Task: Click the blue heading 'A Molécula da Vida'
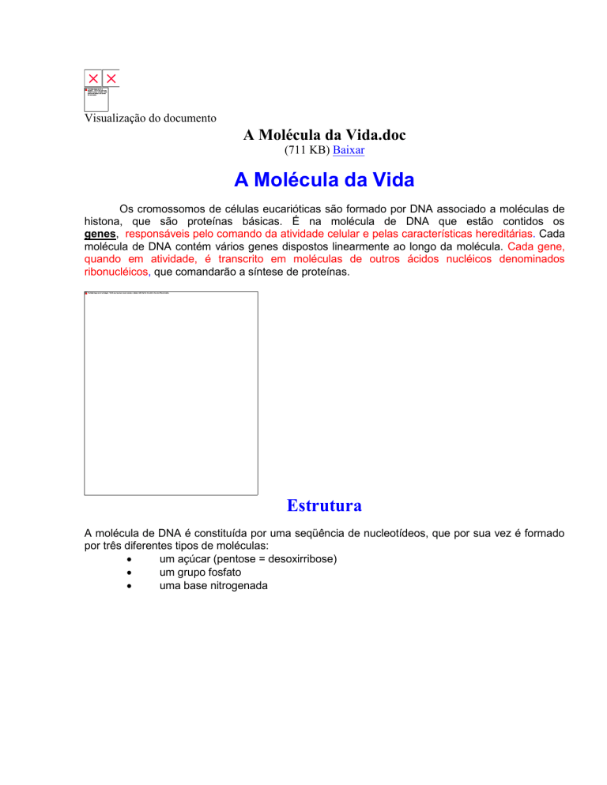(324, 180)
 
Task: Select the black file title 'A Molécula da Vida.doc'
(324, 135)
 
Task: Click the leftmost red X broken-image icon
(94, 78)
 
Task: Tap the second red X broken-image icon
(111, 78)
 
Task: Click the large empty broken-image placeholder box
(171, 392)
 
